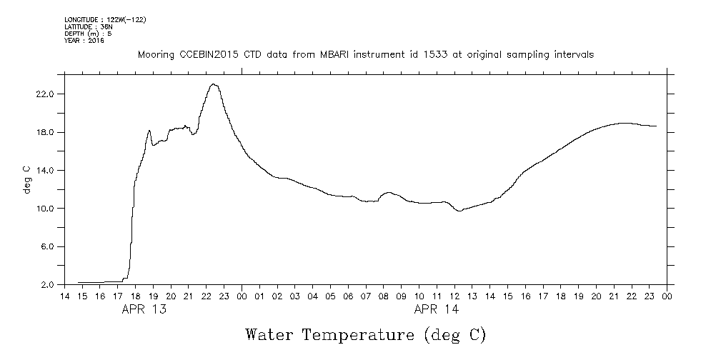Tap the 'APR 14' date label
coord(437,309)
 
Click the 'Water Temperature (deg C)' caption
coord(365,334)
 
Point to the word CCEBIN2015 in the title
coord(202,54)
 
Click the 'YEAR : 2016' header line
coord(85,41)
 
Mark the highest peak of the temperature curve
coord(213,84)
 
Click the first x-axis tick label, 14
coord(64,296)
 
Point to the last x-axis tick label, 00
coord(667,296)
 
